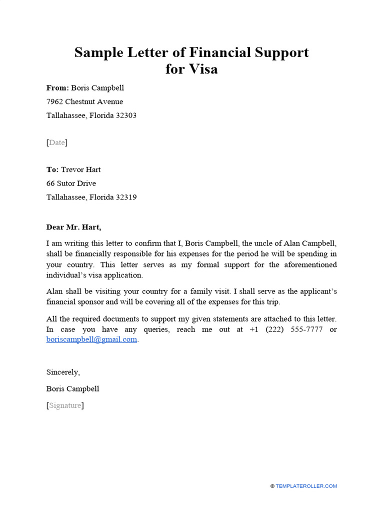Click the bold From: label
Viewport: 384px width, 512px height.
57,88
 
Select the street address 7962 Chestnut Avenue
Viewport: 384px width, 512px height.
84,102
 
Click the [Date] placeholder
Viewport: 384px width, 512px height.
57,143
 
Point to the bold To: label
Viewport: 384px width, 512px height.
52,170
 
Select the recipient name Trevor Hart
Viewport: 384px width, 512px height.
81,170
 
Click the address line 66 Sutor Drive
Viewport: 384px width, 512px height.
71,183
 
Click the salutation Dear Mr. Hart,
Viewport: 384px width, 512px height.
73,227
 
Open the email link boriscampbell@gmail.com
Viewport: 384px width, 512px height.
91,339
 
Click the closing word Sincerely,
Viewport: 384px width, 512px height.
63,372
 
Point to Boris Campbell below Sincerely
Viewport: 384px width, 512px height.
72,388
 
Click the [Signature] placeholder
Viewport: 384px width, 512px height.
65,405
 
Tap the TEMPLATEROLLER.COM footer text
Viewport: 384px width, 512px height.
306,486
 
